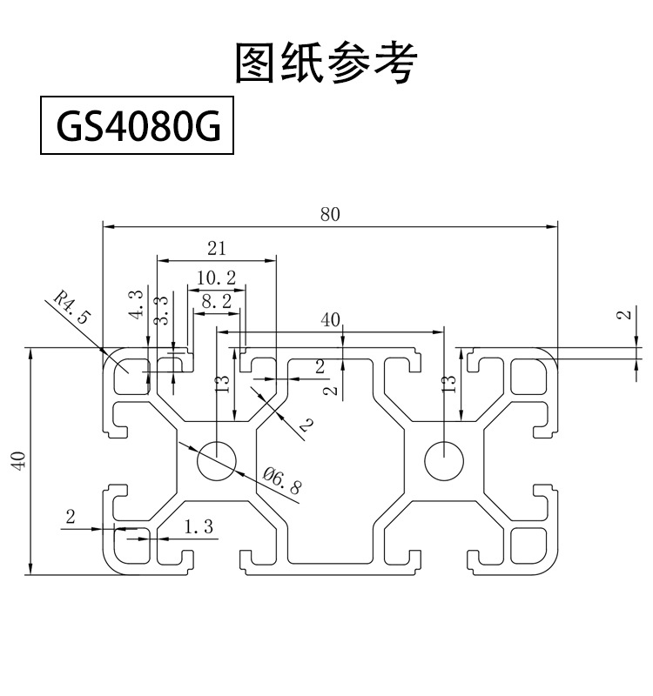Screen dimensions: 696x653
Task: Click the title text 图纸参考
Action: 326,63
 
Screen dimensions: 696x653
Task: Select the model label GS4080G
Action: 138,129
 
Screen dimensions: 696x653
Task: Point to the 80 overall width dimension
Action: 330,214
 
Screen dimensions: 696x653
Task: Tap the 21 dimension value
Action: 216,248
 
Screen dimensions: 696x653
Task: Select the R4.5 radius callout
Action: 71,308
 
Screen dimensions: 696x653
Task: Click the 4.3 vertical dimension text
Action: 136,304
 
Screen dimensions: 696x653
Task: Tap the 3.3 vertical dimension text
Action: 161,311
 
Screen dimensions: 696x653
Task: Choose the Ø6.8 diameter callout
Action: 281,480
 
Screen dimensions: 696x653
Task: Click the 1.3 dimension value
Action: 199,525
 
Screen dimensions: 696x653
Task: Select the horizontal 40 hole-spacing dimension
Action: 330,320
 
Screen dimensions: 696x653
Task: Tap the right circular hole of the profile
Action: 445,459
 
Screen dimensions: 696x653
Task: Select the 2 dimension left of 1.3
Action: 71,517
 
